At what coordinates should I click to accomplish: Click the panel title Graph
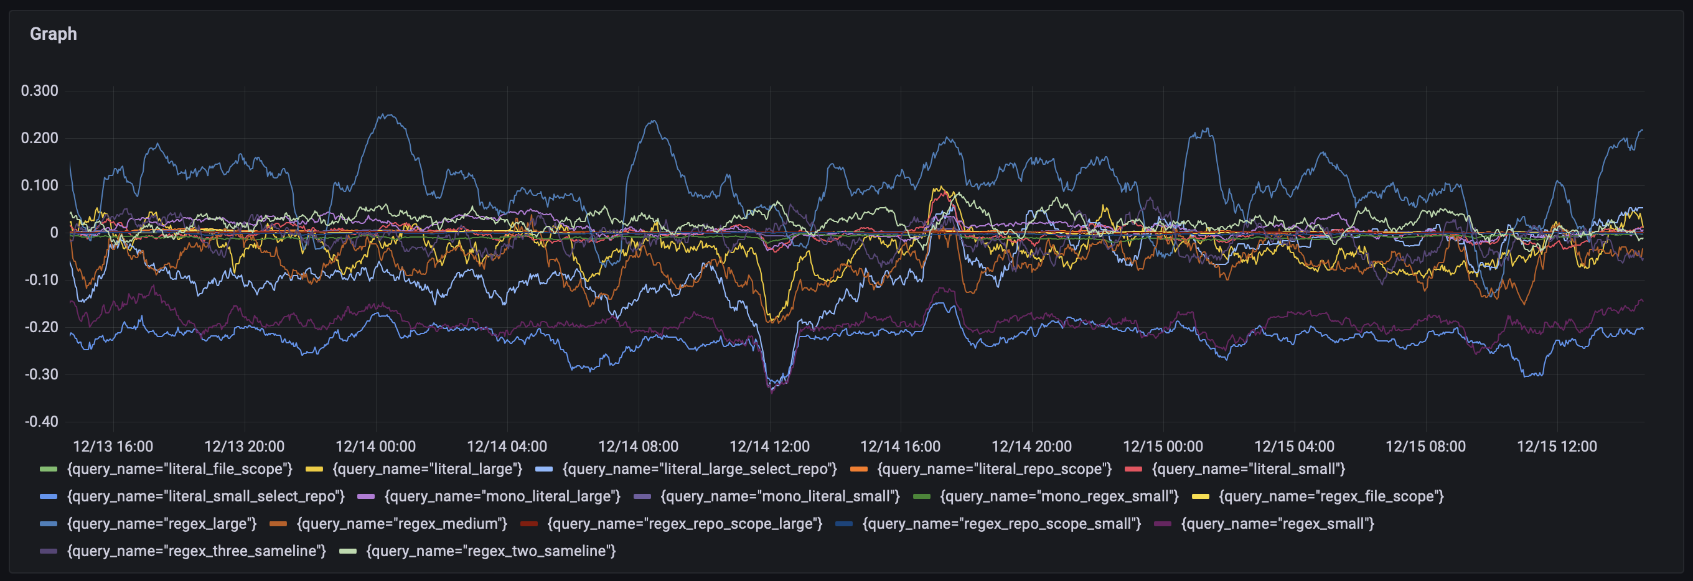pos(54,34)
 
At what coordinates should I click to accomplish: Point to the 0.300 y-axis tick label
pos(39,91)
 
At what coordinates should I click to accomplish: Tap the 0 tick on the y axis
pos(54,233)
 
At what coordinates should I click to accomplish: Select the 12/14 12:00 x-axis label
pos(769,447)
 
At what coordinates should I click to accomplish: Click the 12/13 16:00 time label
pos(113,447)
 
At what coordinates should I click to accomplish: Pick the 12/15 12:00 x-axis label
pos(1556,447)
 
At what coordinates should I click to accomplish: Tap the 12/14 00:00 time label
pos(375,447)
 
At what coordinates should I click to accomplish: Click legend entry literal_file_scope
pos(179,469)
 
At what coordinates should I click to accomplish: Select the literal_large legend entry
pos(427,469)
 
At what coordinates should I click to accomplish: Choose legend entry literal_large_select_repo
pos(699,469)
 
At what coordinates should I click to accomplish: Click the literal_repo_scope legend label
pos(994,469)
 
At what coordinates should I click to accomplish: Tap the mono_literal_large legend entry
pos(502,496)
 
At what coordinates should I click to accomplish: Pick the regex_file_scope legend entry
pos(1331,496)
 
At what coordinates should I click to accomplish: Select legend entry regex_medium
pos(401,524)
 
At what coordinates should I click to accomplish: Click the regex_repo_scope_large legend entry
pos(684,524)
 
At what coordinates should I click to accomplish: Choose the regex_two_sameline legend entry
pos(490,551)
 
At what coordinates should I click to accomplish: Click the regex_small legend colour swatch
pos(1163,524)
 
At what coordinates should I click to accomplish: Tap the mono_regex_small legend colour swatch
pos(921,496)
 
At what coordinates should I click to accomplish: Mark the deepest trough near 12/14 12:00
pos(772,391)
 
